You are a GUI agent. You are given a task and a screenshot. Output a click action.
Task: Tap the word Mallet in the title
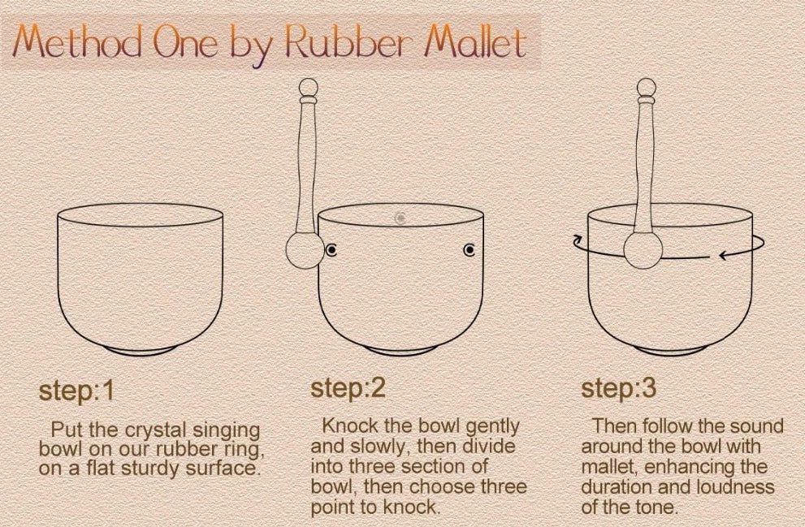pos(476,41)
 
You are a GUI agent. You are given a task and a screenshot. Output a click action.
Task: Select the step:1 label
pos(76,391)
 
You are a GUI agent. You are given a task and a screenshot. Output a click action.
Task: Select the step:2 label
pos(348,388)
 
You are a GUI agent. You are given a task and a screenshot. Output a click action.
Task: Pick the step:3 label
pos(619,388)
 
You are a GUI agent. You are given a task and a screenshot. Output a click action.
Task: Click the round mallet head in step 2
pos(305,250)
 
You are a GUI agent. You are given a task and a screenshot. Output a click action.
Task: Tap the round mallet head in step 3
pos(643,250)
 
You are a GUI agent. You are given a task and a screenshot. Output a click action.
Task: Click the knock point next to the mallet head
pos(331,250)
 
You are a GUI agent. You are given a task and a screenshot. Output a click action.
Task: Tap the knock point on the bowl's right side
pos(470,250)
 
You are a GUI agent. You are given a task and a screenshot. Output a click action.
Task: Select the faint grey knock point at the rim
pos(400,218)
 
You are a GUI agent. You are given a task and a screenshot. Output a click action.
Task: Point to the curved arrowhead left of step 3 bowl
pos(578,239)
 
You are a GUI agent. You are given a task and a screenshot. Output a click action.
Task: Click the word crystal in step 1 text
pos(156,430)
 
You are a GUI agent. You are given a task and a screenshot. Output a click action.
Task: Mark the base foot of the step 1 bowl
pos(141,351)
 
